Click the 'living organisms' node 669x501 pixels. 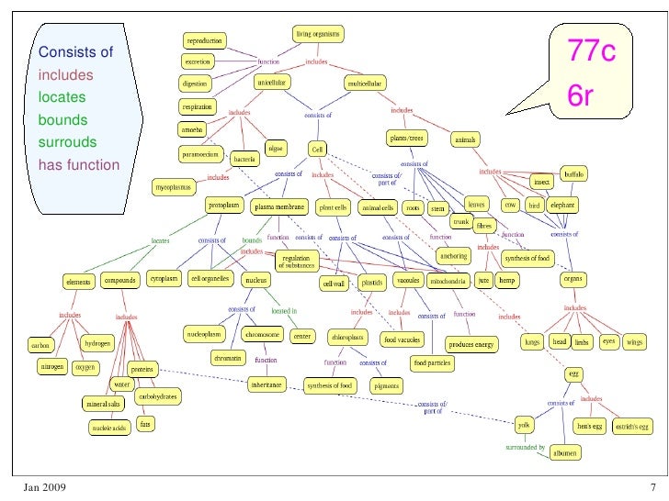[x=318, y=34]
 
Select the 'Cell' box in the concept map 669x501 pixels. [x=317, y=149]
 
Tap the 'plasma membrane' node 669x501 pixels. [x=278, y=207]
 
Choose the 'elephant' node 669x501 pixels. [x=561, y=206]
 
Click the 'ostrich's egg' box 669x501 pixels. [x=631, y=426]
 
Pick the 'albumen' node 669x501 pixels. [x=565, y=453]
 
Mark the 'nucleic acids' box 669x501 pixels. [x=108, y=428]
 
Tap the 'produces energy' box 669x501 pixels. [x=471, y=345]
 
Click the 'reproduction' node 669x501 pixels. [x=204, y=40]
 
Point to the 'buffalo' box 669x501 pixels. [x=573, y=173]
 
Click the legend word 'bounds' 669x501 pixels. [x=63, y=120]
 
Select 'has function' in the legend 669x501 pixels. [x=79, y=166]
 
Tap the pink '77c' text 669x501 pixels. [x=592, y=53]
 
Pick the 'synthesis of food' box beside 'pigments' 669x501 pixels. [x=330, y=386]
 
